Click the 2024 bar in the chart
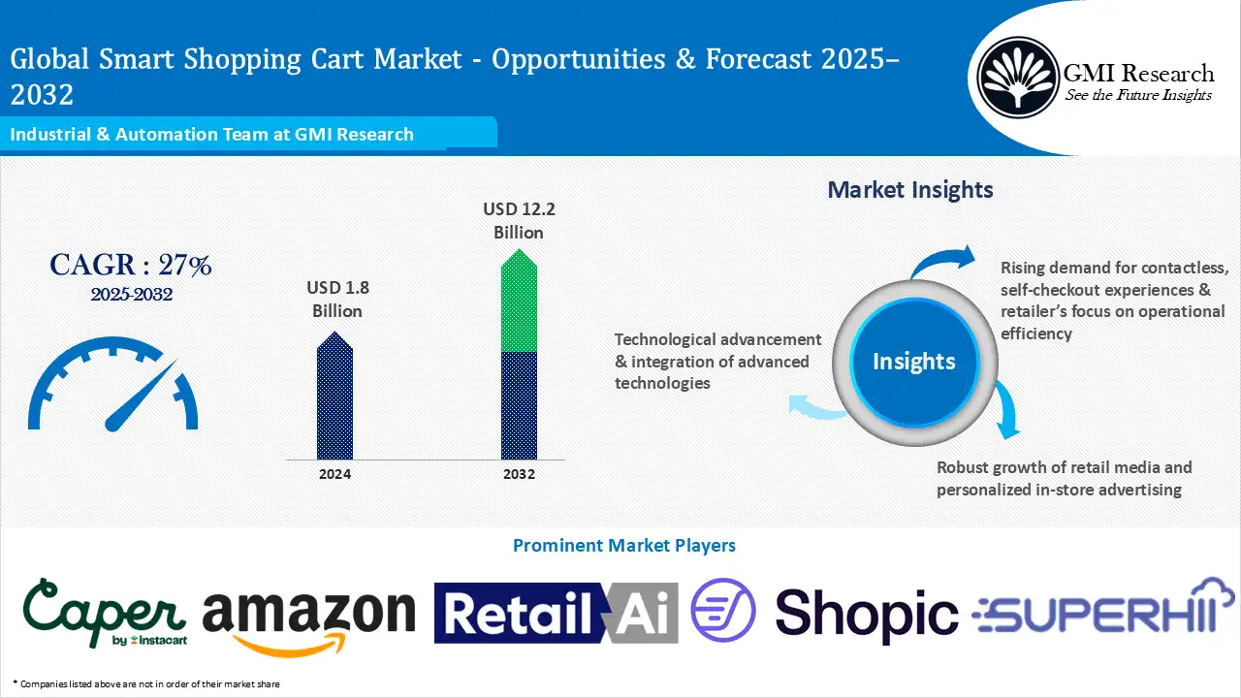tap(334, 399)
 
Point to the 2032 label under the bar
tap(519, 474)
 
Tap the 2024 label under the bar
tap(334, 474)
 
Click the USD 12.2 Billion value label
tap(519, 220)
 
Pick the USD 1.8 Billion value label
tap(336, 300)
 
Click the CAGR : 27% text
tap(131, 265)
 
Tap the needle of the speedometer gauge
tap(141, 396)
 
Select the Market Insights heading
tap(910, 189)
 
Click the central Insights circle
tap(913, 362)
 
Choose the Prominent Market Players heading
tap(623, 546)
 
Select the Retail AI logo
tap(556, 613)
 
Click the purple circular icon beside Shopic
tap(722, 611)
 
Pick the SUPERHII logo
tap(1103, 611)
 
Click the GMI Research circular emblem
tap(1017, 77)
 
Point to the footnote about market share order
tap(146, 684)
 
